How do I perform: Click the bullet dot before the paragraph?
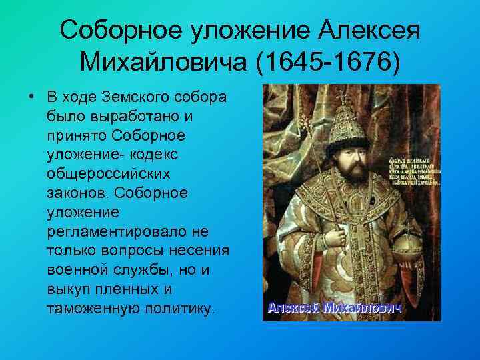click(31, 96)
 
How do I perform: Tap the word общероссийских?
click(108, 174)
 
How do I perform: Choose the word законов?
click(78, 193)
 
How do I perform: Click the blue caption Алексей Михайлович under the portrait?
click(334, 308)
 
